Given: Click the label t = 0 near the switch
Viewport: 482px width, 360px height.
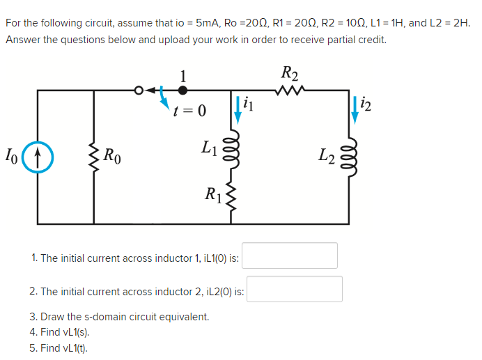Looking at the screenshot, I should click(190, 110).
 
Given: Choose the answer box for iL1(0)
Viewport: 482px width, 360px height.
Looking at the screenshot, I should click(290, 256).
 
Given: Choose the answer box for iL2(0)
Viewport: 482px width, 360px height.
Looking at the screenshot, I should click(295, 289).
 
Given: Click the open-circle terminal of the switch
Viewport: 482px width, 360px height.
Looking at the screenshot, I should click(139, 90).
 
